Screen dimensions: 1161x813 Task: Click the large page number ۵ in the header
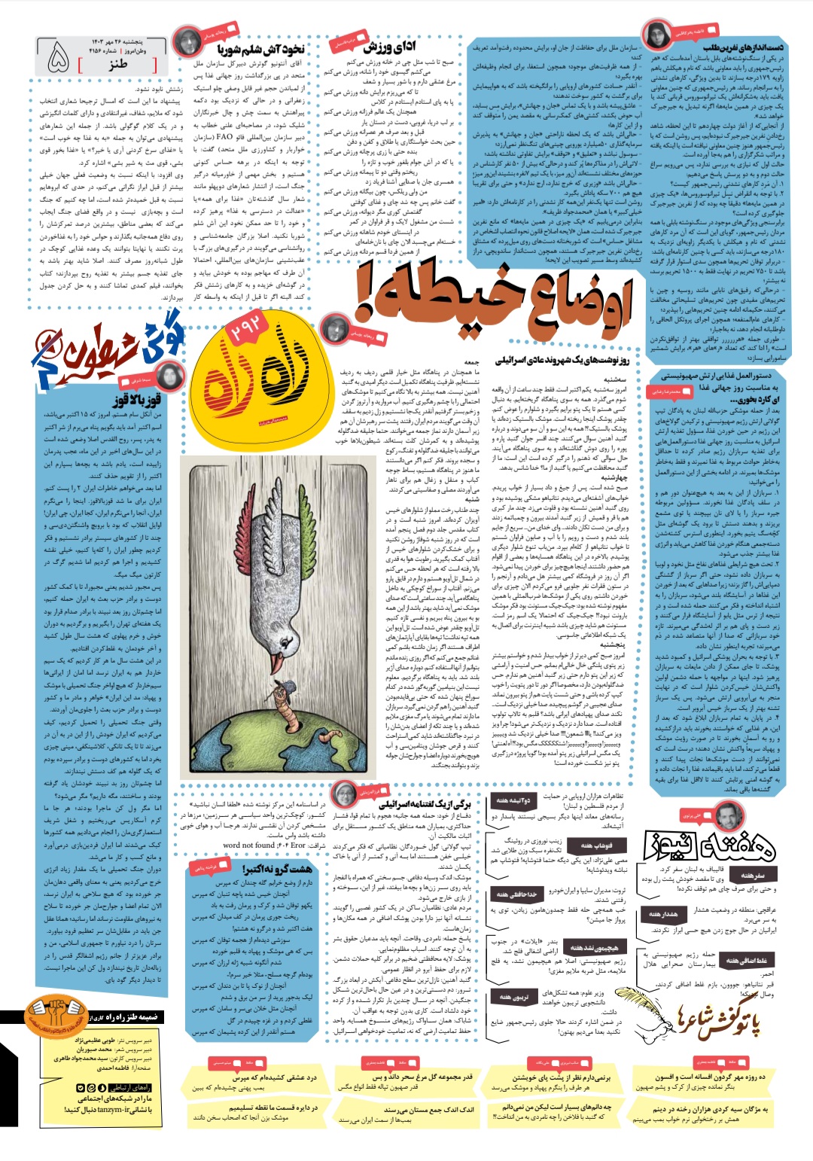click(58, 59)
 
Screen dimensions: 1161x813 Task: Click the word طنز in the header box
click(117, 65)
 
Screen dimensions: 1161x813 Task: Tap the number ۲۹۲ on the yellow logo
click(246, 332)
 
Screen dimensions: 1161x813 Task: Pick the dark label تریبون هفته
click(520, 997)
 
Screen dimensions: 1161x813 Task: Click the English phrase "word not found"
click(248, 845)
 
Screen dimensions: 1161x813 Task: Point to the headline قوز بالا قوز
click(135, 400)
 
